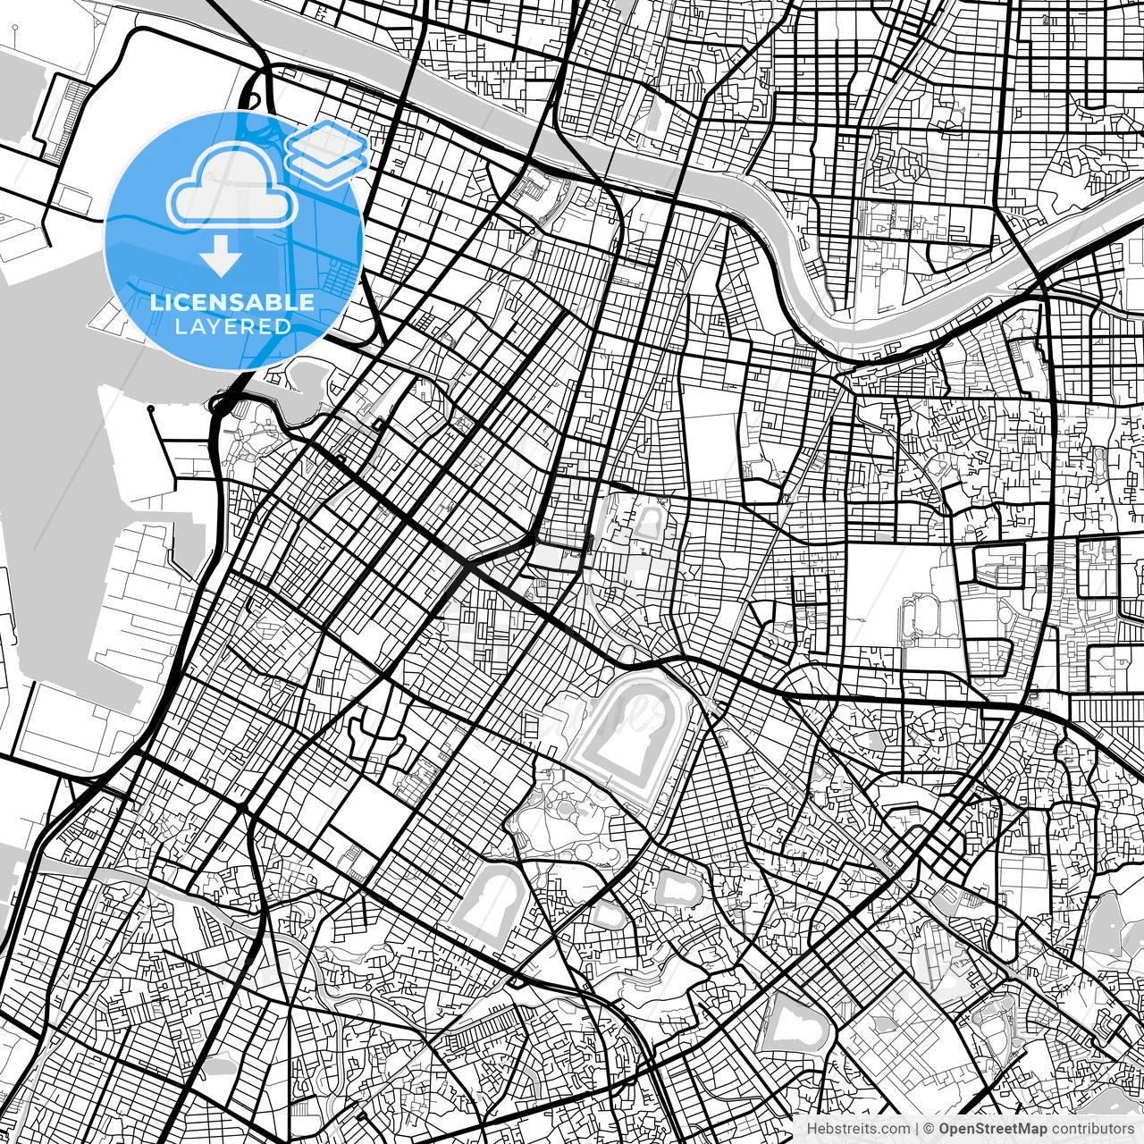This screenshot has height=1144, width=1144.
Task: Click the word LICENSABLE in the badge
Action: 232,302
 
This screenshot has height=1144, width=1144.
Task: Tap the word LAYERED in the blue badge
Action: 232,326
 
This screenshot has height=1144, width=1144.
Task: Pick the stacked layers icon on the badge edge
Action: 327,152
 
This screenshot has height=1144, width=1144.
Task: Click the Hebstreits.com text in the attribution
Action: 859,1129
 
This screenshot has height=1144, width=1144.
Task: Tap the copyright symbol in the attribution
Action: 929,1129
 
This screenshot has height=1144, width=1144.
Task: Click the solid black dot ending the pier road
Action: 152,409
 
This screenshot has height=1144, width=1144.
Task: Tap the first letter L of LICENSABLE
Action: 156,302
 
